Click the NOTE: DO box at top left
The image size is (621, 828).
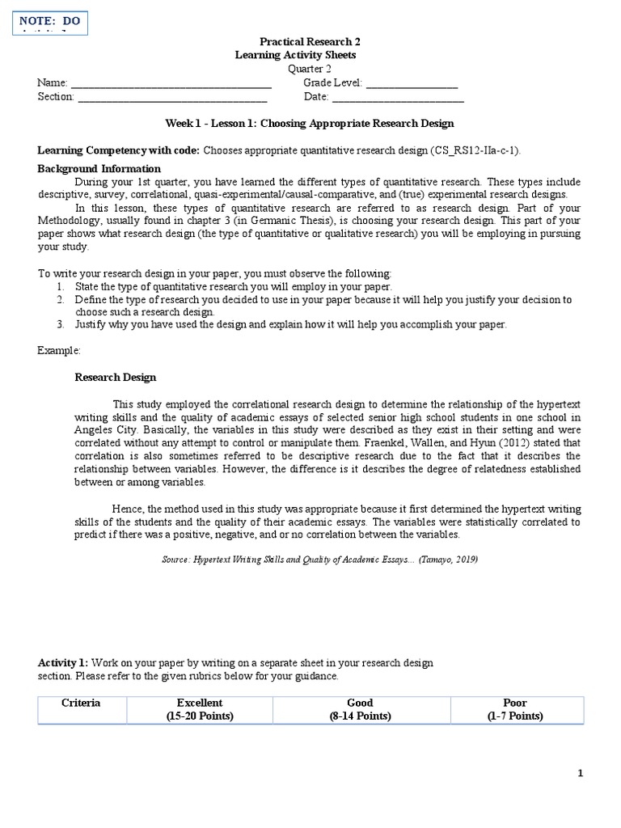coord(50,23)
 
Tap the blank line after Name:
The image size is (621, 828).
coord(171,83)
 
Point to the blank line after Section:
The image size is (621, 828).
coord(172,98)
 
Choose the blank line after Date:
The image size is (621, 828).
coord(398,98)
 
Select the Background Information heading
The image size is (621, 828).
coord(99,169)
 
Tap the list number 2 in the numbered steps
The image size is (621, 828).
coord(60,300)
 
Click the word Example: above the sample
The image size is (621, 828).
coord(59,351)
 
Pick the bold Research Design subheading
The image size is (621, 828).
coord(116,378)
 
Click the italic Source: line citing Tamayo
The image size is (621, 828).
coord(310,559)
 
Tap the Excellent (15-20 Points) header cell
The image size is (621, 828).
coord(200,709)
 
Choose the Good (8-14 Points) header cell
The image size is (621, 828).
coord(361,709)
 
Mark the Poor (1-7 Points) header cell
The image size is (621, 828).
coord(514,709)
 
